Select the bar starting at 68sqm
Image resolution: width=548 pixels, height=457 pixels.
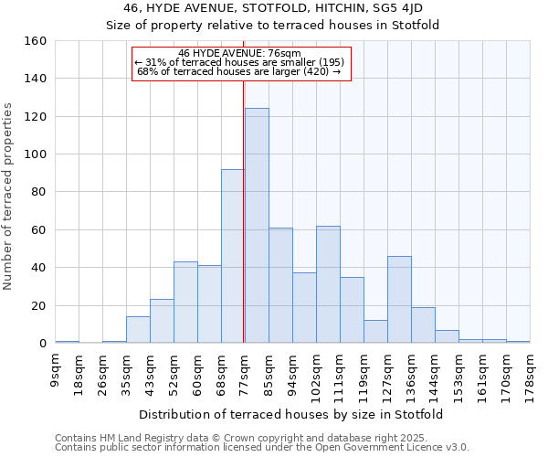tap(233, 256)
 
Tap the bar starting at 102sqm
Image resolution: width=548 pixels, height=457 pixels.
tap(328, 284)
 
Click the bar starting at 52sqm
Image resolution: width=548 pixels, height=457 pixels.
tap(185, 303)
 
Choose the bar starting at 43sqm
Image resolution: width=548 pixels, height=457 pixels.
tap(162, 321)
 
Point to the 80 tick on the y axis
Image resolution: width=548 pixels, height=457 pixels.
tap(39, 192)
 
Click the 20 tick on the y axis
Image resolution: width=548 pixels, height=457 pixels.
tap(39, 305)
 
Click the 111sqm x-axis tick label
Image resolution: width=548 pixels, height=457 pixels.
tap(340, 371)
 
